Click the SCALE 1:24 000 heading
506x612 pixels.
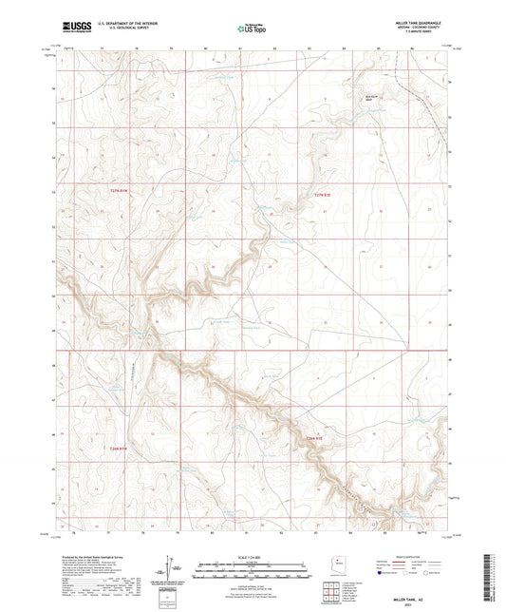pos(252,559)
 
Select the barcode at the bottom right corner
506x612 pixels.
pos(490,582)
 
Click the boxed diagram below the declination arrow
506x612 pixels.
pos(170,595)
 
